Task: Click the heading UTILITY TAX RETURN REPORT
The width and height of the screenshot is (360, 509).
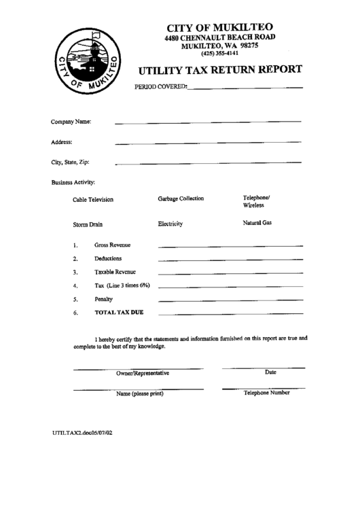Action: pyautogui.click(x=221, y=69)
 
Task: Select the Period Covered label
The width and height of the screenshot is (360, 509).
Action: pyautogui.click(x=161, y=88)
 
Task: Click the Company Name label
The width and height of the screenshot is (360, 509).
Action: pyautogui.click(x=71, y=122)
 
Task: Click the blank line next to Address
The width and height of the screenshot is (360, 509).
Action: pyautogui.click(x=208, y=143)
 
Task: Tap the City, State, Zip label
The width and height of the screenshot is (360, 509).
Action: pyautogui.click(x=70, y=162)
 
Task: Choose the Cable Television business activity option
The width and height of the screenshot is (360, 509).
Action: pyautogui.click(x=93, y=200)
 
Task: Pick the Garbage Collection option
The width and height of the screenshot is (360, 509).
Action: pyautogui.click(x=181, y=199)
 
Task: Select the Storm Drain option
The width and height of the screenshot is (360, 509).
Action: pyautogui.click(x=88, y=224)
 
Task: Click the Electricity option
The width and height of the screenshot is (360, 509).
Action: pyautogui.click(x=170, y=224)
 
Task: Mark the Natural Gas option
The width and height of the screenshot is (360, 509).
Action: pyautogui.click(x=257, y=223)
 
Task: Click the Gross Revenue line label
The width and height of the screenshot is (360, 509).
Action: pyautogui.click(x=113, y=245)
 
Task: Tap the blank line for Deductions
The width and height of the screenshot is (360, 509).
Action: pyautogui.click(x=230, y=260)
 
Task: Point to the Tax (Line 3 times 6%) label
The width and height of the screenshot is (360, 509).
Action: pyautogui.click(x=122, y=285)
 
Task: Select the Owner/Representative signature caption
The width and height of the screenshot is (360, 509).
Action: pyautogui.click(x=143, y=374)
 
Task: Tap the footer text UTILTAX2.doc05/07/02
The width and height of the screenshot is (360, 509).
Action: pyautogui.click(x=82, y=432)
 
